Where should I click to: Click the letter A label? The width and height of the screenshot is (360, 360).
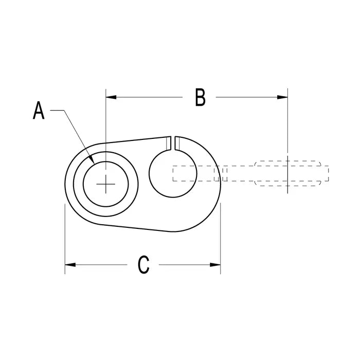39,111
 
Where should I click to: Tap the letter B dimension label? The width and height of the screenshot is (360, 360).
201,97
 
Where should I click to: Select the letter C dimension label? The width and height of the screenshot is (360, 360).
143,265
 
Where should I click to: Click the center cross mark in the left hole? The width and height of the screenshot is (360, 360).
106,183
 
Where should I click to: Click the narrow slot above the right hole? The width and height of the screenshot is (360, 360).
173,143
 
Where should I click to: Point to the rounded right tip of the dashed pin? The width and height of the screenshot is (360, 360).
326,173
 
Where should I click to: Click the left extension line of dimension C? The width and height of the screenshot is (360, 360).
65,237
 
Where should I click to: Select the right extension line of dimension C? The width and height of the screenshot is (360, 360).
221,237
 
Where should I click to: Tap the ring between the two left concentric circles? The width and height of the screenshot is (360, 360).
78,183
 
